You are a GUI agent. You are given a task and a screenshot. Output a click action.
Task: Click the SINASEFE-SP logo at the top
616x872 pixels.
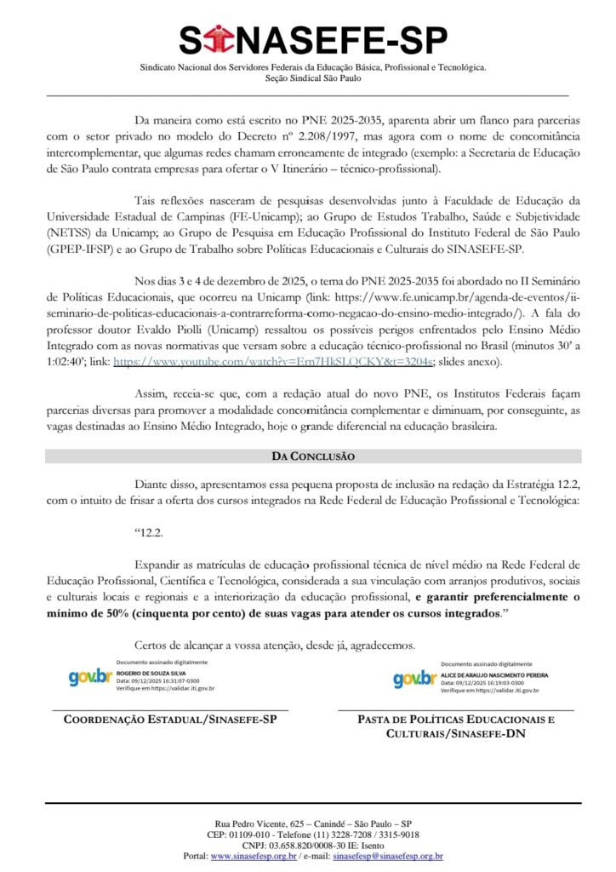pos(307,41)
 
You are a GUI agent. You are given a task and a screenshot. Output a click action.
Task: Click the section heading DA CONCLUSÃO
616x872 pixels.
pos(313,456)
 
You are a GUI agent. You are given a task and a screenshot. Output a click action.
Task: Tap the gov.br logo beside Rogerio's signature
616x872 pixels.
pos(89,678)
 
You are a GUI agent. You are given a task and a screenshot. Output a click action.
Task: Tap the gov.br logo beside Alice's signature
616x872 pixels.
pos(414,679)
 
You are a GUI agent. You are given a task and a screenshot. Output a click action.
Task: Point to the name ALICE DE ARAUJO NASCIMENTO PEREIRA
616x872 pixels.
pos(495,674)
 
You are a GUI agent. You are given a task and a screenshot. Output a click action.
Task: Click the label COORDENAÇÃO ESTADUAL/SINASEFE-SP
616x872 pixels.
pos(170,720)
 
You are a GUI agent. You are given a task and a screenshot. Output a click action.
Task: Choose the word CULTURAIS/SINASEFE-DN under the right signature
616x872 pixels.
pos(456,733)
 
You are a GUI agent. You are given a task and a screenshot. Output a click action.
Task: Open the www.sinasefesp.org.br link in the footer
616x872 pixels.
pos(253,856)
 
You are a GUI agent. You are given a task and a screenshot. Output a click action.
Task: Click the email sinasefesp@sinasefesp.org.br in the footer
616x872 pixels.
pos(388,856)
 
